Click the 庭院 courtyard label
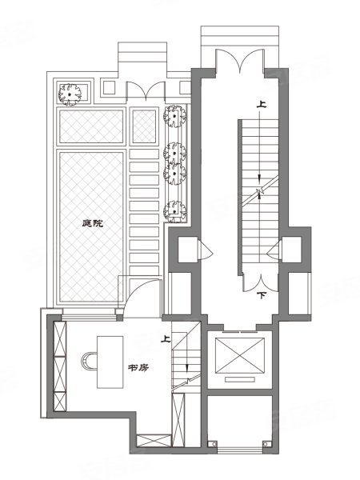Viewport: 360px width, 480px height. point(93,223)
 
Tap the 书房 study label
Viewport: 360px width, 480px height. point(138,367)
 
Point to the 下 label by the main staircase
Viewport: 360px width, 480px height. point(261,296)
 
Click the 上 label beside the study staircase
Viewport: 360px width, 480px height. point(166,339)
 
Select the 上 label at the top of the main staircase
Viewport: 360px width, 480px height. point(261,105)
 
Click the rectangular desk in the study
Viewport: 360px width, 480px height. point(110,362)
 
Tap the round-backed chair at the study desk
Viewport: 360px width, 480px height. point(89,362)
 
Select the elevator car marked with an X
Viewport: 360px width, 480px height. point(240,355)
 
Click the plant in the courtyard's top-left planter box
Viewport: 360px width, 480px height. point(70,94)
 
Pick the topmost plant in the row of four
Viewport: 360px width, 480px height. point(174,116)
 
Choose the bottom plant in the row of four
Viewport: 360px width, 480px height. point(174,211)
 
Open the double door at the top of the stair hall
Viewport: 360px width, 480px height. point(240,62)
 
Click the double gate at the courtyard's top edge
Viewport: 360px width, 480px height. point(146,90)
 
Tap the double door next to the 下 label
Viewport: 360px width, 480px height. point(261,282)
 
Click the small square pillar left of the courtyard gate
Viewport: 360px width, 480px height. point(108,87)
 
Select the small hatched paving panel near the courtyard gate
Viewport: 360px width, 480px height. point(144,126)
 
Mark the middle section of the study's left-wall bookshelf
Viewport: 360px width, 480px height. point(60,374)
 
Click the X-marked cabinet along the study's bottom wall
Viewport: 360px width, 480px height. point(154,441)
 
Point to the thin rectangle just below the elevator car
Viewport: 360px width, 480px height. point(240,379)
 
